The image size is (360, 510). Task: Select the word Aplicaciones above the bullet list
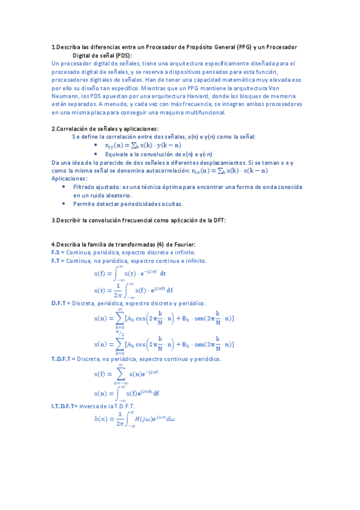tap(69, 179)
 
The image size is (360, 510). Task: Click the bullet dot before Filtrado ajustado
tap(65, 187)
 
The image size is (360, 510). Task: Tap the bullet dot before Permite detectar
tap(65, 204)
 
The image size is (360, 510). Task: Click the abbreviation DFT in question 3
tap(218, 221)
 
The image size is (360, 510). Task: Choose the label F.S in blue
tap(57, 253)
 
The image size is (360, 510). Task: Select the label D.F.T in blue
tap(61, 304)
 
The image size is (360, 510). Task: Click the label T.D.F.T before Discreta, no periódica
tap(63, 359)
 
